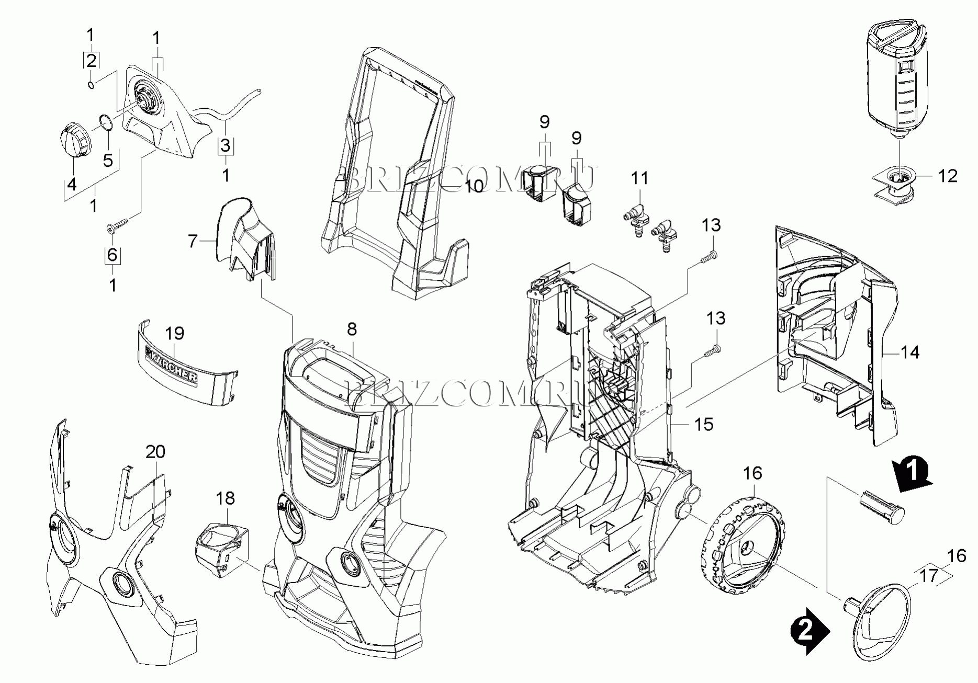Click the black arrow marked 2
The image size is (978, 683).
pos(809,631)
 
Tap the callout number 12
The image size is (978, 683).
pos(947,176)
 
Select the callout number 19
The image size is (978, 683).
pos(175,333)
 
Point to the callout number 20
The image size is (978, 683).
pos(155,451)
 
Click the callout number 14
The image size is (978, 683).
pos(910,352)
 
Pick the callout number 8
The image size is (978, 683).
pos(352,329)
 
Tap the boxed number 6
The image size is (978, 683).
pos(113,255)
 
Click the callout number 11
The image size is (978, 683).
pos(639,178)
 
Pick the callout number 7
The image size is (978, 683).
pos(193,241)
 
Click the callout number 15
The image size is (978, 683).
pos(704,424)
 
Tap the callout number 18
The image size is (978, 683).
pos(226,498)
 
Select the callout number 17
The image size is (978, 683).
pos(929,576)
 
